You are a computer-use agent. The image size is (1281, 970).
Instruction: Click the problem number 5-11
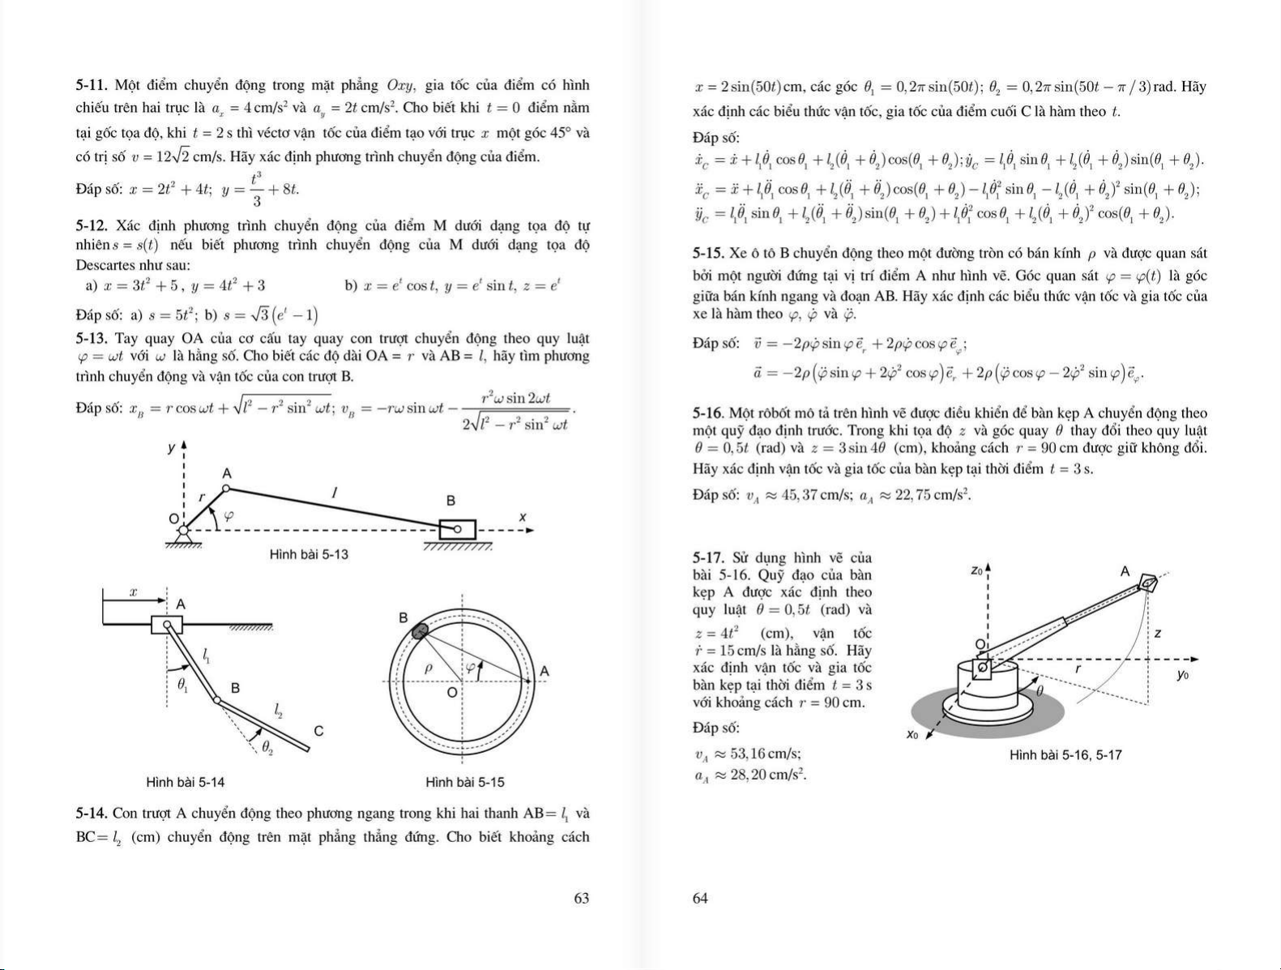pyautogui.click(x=92, y=85)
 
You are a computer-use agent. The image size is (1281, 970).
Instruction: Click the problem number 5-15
pyautogui.click(x=710, y=253)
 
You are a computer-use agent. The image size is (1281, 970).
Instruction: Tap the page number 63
pyautogui.click(x=581, y=898)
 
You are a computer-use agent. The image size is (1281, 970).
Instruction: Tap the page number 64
pyautogui.click(x=701, y=898)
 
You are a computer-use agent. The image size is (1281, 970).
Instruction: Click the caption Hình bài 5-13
pyautogui.click(x=309, y=555)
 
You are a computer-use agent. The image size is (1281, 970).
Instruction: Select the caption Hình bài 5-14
pyautogui.click(x=186, y=783)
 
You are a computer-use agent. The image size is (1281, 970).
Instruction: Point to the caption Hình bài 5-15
pyautogui.click(x=464, y=783)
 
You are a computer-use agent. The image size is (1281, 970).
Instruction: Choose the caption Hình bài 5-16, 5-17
pyautogui.click(x=1065, y=755)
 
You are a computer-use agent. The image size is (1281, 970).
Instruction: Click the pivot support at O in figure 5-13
pyautogui.click(x=183, y=535)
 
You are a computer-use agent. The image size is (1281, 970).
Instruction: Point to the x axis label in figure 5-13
pyautogui.click(x=523, y=517)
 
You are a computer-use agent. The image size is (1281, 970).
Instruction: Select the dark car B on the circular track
pyautogui.click(x=419, y=631)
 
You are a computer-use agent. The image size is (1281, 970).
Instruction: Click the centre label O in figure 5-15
pyautogui.click(x=452, y=694)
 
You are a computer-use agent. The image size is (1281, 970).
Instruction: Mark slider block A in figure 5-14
pyautogui.click(x=166, y=625)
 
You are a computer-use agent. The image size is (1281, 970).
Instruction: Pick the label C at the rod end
pyautogui.click(x=318, y=731)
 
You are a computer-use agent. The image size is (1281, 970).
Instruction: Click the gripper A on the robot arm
pyautogui.click(x=1150, y=583)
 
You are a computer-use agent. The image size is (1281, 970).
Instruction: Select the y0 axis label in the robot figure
pyautogui.click(x=1183, y=674)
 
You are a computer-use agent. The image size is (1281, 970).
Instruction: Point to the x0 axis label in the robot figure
pyautogui.click(x=912, y=736)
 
